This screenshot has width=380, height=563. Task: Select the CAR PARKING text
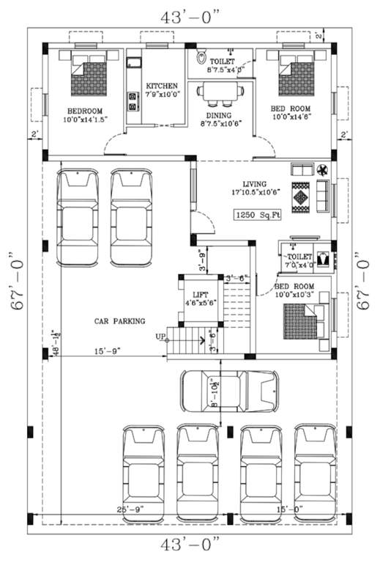[119, 320]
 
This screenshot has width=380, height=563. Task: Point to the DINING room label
[219, 115]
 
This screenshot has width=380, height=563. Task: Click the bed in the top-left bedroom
[89, 71]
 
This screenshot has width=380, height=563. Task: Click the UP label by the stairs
[160, 336]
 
